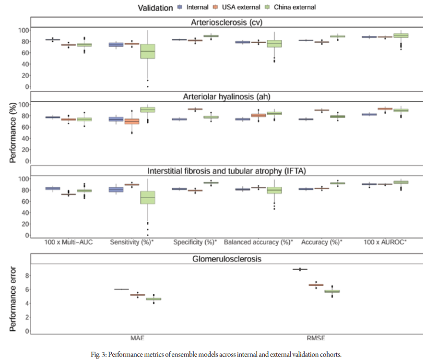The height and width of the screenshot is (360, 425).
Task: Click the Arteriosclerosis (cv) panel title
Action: coord(226,22)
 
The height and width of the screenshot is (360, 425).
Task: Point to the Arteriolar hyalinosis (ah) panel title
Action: coord(226,97)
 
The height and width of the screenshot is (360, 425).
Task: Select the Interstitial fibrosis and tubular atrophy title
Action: coord(226,171)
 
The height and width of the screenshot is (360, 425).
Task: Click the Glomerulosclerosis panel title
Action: coord(226,259)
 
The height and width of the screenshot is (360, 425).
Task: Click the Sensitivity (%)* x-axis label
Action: coord(132,242)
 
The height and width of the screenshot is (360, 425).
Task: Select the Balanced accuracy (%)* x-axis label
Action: coord(259,242)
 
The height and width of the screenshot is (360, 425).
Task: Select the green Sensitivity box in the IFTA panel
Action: coord(147,197)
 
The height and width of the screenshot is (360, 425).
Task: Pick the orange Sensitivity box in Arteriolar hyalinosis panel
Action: coord(132,121)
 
